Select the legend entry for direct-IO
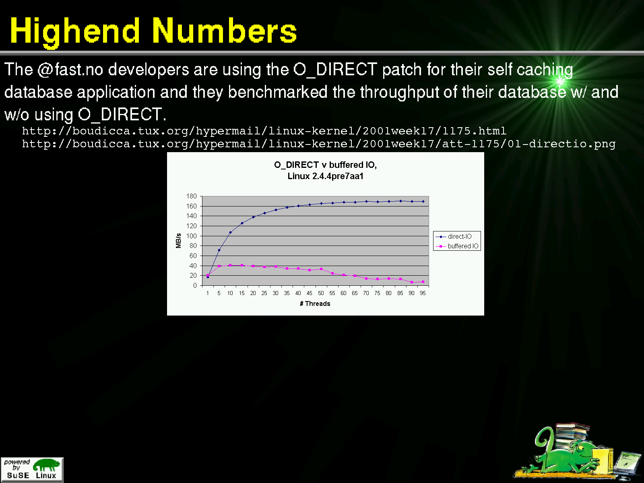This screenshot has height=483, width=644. tap(454, 236)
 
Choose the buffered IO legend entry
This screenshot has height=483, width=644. tap(457, 246)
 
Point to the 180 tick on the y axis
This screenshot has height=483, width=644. tap(191, 196)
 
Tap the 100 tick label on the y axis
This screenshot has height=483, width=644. tap(191, 236)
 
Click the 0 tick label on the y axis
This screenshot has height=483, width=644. tap(195, 285)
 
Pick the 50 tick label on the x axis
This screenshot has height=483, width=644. tap(321, 293)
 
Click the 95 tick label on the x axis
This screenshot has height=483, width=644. tap(423, 293)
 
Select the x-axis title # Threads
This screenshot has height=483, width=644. tap(315, 303)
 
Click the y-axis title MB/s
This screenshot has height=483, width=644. tap(178, 241)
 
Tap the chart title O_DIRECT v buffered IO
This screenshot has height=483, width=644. tap(325, 165)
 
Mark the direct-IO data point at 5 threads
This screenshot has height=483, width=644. tap(219, 250)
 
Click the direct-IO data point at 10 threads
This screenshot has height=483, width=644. tap(230, 232)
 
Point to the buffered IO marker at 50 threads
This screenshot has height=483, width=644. tap(321, 269)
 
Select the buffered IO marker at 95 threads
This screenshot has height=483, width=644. tap(423, 282)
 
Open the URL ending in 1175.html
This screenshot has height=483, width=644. tap(264, 131)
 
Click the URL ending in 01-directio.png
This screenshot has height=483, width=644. tap(319, 144)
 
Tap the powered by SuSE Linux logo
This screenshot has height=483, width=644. tap(32, 469)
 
